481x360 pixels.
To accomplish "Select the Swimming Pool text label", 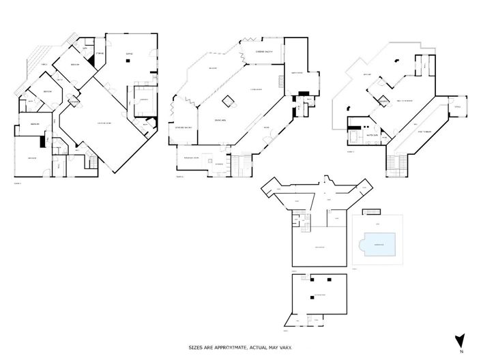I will click(377, 244).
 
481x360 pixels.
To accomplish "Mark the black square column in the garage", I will click(127, 61).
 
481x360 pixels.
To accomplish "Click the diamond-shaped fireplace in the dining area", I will click(228, 102).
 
